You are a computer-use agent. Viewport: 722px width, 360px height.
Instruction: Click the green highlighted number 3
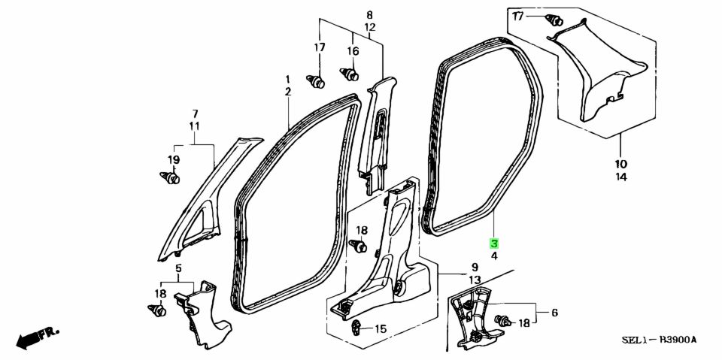(494, 244)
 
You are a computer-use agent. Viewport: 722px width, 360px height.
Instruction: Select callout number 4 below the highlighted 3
(494, 257)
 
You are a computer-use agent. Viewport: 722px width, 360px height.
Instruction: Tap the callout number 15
(381, 329)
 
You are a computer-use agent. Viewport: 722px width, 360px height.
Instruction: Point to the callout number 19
(173, 160)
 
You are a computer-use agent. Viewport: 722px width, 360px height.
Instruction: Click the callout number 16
(353, 51)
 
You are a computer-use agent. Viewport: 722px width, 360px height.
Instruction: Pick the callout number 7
(195, 113)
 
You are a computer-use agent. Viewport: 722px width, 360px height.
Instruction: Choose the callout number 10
(620, 164)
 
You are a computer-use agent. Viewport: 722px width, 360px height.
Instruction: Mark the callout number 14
(620, 177)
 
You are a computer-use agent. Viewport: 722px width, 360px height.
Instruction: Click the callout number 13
(475, 280)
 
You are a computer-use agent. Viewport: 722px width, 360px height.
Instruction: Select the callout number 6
(554, 313)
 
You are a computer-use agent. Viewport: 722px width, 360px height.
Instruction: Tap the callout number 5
(179, 268)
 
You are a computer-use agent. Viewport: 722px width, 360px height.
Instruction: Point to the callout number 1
(288, 79)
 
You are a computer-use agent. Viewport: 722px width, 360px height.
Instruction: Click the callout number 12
(370, 28)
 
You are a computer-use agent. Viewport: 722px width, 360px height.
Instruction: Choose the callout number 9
(475, 267)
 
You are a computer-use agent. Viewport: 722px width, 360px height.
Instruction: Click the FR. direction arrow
(38, 338)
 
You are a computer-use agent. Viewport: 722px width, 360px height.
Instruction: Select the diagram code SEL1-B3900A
(659, 340)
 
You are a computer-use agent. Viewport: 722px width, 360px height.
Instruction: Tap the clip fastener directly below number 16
(350, 74)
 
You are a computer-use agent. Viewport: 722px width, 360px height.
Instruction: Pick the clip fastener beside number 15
(356, 328)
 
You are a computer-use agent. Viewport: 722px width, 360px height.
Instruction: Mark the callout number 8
(370, 15)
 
